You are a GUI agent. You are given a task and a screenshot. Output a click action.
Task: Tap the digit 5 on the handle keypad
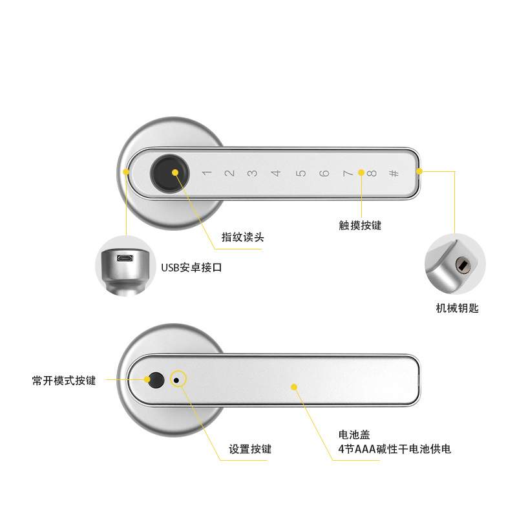pos(301,173)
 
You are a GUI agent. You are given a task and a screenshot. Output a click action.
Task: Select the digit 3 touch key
pos(253,173)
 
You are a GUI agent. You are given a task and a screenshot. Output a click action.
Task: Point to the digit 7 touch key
pos(347,173)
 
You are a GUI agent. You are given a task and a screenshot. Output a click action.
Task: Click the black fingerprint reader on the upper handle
pos(167,172)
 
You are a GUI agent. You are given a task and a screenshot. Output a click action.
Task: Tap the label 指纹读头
pos(243,238)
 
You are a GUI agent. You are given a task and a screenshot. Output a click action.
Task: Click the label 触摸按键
pos(361,225)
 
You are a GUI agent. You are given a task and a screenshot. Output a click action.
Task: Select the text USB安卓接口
pos(191,267)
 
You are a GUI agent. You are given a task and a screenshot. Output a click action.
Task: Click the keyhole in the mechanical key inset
pos(463,265)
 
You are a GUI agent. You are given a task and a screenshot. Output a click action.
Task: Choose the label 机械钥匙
pos(458,308)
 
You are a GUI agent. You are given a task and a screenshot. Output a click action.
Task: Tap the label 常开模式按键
pos(63,381)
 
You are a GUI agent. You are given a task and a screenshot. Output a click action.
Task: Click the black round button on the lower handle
pos(155,380)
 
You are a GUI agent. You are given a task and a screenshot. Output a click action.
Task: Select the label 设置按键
pos(250,449)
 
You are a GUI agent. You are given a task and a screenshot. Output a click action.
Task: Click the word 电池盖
pos(353,434)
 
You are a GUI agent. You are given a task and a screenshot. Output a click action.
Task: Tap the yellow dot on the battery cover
pos(294,388)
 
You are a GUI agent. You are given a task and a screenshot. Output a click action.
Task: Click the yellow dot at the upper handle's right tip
pos(419,171)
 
